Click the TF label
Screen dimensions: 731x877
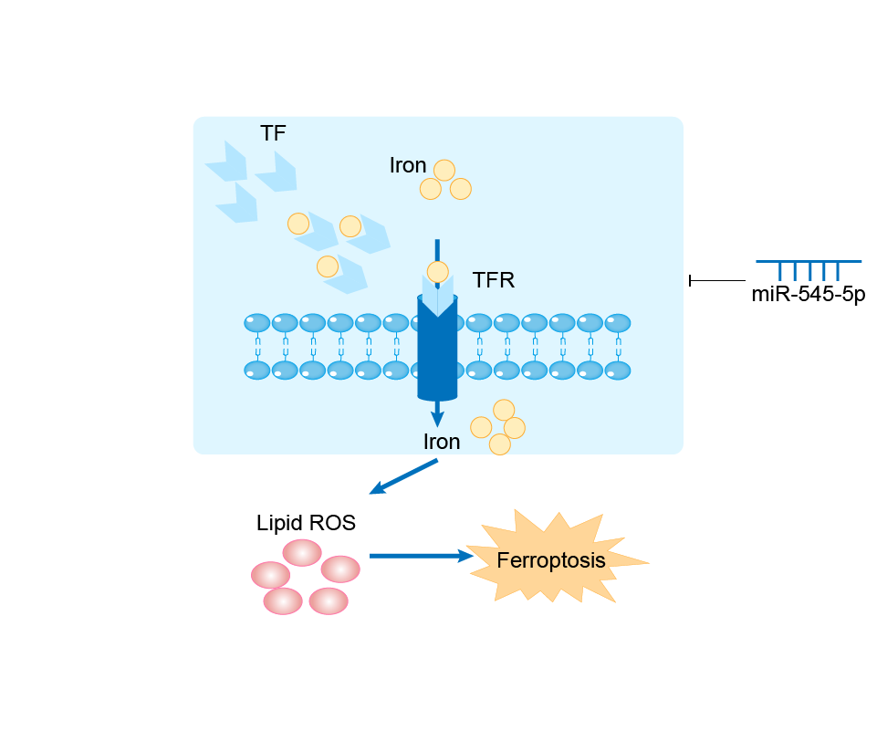pos(273,133)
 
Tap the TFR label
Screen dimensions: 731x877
pos(494,280)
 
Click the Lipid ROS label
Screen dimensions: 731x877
pos(306,523)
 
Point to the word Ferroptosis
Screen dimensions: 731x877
pos(551,559)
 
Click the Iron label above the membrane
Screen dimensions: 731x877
pos(408,165)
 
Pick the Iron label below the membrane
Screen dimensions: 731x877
pos(442,441)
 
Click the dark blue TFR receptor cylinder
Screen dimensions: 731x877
pos(437,356)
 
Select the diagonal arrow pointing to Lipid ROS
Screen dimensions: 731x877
pos(403,476)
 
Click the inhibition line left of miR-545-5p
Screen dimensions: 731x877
pos(717,280)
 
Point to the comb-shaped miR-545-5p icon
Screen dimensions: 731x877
pos(809,268)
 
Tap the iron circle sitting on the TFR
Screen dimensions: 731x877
pos(438,271)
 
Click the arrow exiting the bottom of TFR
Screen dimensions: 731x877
pos(437,412)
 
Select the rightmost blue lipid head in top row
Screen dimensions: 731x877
pos(618,323)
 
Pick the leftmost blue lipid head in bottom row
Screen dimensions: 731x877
pos(257,370)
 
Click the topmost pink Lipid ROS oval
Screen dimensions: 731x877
pos(302,552)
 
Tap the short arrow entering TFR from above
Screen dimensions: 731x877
pos(437,249)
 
